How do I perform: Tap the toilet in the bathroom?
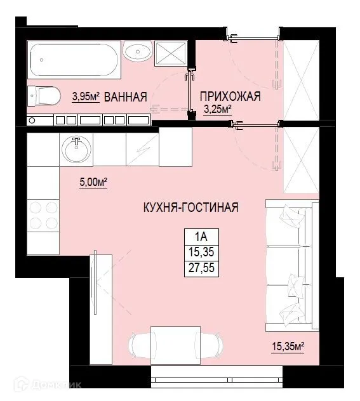(x=44, y=96)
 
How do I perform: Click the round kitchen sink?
(x=76, y=150)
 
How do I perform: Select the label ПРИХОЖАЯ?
(x=230, y=96)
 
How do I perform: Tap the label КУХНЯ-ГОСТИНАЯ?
(x=190, y=207)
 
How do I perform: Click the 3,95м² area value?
(x=86, y=97)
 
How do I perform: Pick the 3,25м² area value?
(x=217, y=110)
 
